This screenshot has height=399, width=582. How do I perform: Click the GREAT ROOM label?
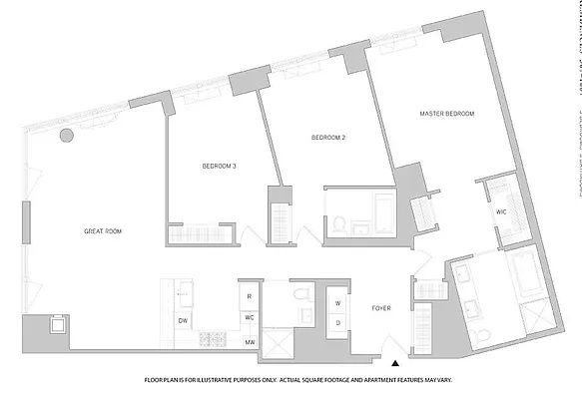(x=103, y=231)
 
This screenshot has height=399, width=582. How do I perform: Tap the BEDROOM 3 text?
(x=219, y=166)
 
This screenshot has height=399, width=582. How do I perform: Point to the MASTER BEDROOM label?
(x=446, y=115)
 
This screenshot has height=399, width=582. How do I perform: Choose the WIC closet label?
(x=501, y=212)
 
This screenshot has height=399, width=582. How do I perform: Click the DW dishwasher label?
(x=183, y=320)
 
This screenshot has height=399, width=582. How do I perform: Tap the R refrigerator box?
(x=248, y=297)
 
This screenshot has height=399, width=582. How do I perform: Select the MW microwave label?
(x=249, y=342)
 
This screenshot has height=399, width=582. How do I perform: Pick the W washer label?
(x=337, y=302)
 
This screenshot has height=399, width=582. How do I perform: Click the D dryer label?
(x=337, y=321)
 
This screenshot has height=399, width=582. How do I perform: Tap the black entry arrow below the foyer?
(x=396, y=364)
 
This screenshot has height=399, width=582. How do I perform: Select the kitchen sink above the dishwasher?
(x=185, y=293)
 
